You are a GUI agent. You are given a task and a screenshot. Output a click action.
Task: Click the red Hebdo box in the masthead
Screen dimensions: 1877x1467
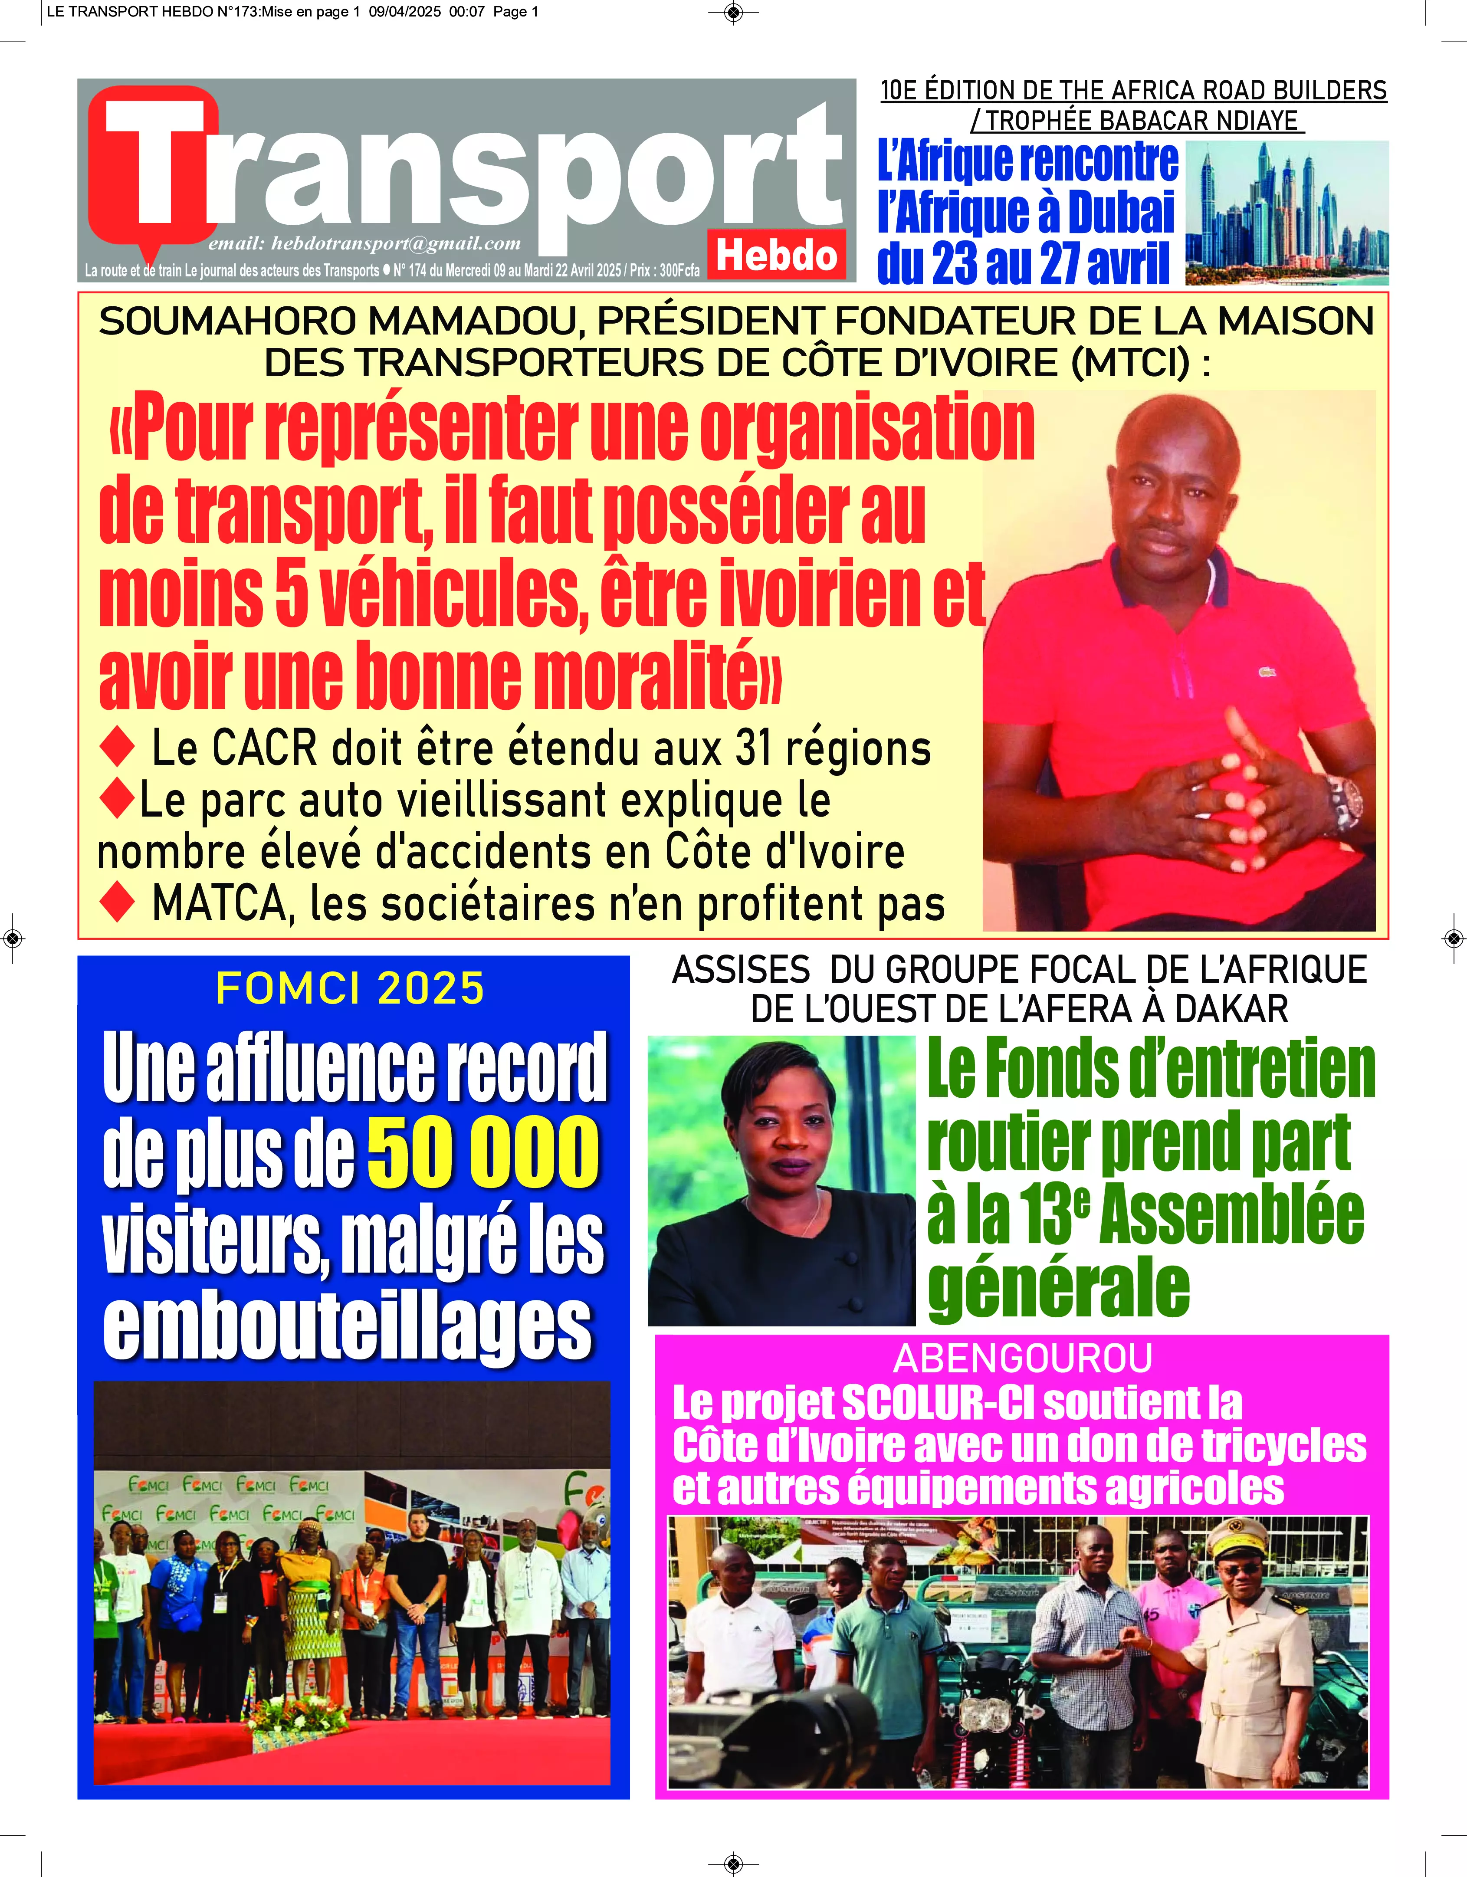click(776, 255)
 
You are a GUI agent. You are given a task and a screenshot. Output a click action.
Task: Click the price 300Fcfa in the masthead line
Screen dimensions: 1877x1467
click(679, 270)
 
